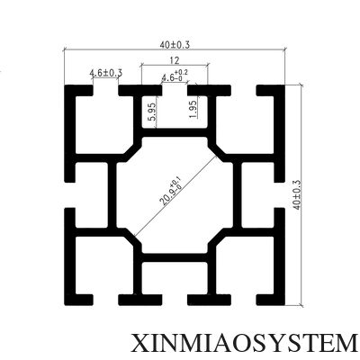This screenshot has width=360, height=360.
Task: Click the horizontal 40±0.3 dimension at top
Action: pyautogui.click(x=175, y=45)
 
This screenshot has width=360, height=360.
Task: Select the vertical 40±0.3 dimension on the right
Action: pyautogui.click(x=297, y=195)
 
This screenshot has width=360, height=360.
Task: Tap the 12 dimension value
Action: pyautogui.click(x=175, y=60)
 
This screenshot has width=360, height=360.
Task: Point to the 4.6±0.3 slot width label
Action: pyautogui.click(x=106, y=73)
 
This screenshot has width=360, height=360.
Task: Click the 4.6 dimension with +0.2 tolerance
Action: pyautogui.click(x=175, y=76)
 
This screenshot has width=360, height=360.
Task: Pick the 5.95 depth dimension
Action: pyautogui.click(x=152, y=112)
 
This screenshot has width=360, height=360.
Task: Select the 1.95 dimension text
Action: pyautogui.click(x=193, y=109)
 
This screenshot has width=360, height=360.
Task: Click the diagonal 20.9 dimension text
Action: pyautogui.click(x=171, y=192)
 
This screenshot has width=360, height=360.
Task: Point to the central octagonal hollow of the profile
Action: pyautogui.click(x=175, y=195)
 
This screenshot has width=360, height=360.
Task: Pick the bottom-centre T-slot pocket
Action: pyautogui.click(x=175, y=278)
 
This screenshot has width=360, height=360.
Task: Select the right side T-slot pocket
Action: pyautogui.click(x=257, y=195)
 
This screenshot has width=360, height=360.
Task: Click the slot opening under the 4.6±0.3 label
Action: pyautogui.click(x=105, y=91)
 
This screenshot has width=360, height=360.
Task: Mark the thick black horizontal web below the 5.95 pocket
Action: pyautogui.click(x=175, y=132)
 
